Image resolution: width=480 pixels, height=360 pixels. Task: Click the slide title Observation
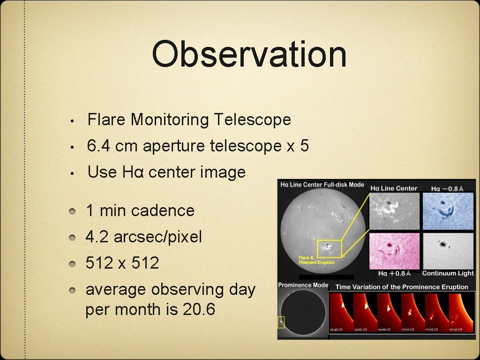click(x=249, y=54)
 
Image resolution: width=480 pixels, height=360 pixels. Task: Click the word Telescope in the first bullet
click(x=252, y=120)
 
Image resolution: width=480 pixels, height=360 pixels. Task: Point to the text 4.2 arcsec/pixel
click(x=143, y=237)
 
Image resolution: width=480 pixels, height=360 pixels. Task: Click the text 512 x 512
click(x=122, y=263)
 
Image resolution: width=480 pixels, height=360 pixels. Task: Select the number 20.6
click(x=197, y=310)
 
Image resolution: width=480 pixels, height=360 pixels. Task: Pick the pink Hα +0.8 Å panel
click(x=394, y=251)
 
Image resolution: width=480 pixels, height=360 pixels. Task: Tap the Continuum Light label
click(x=448, y=273)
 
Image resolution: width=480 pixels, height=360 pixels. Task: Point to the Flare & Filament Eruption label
click(x=316, y=260)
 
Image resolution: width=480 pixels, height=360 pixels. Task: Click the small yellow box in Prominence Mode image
click(x=281, y=322)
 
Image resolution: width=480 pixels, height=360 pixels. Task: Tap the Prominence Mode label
click(x=303, y=285)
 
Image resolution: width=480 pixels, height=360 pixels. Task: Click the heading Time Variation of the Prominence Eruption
click(x=402, y=286)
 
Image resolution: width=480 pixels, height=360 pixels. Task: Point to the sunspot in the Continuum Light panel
click(x=442, y=244)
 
